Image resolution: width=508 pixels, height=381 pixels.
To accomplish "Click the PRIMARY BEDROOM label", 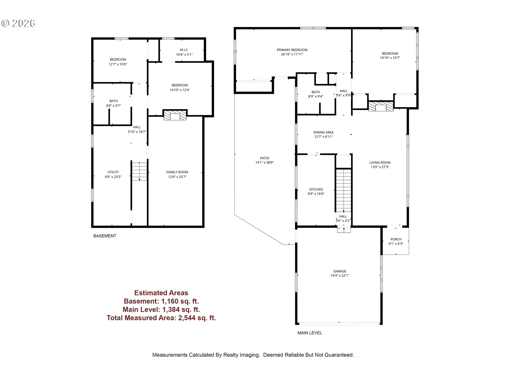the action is click(x=292, y=50).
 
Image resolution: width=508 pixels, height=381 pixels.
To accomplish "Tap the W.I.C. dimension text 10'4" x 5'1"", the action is click(x=184, y=55).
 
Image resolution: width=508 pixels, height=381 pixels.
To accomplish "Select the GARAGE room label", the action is click(x=340, y=271).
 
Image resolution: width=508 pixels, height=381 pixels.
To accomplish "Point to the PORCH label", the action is click(x=396, y=239).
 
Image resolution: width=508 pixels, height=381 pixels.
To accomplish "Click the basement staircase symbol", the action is click(x=139, y=171).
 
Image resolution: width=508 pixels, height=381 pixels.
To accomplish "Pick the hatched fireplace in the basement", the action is click(x=175, y=115).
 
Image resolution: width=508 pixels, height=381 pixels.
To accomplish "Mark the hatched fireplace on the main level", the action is click(x=381, y=106).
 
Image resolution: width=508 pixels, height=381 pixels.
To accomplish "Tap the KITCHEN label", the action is click(x=316, y=189).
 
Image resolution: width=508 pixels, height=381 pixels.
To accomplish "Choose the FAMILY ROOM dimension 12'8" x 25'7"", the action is click(x=177, y=177).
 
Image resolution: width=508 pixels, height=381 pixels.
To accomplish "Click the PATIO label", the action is click(x=265, y=158).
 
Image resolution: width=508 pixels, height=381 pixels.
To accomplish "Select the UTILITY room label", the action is click(x=113, y=172).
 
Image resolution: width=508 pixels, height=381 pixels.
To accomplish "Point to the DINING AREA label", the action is click(x=323, y=132).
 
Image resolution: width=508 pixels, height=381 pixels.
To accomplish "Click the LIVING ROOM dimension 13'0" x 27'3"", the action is click(x=380, y=167).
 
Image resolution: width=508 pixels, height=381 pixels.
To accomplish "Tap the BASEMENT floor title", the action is click(x=105, y=236).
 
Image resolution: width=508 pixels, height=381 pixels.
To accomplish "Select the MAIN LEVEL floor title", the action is click(x=310, y=333).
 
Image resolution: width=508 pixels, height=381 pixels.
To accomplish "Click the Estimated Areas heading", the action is click(x=161, y=293).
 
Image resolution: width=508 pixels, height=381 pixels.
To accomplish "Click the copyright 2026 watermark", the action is click(x=18, y=23).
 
